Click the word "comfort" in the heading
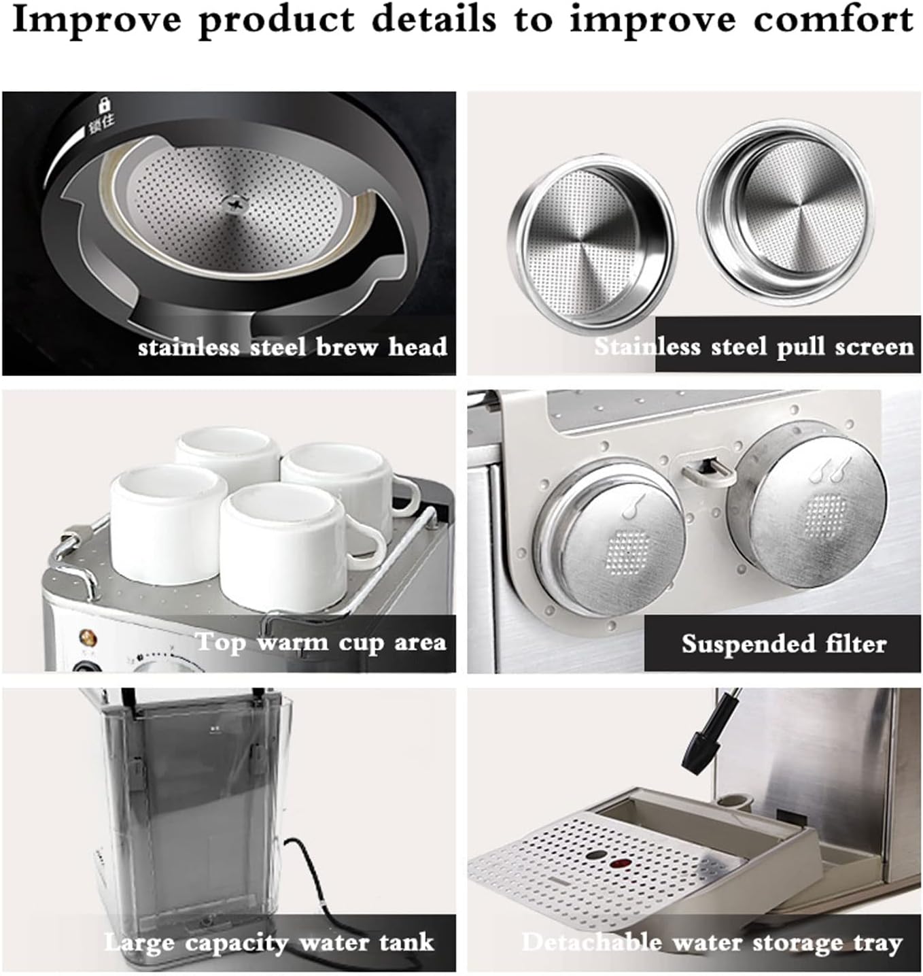click(833, 22)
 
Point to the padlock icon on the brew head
click(104, 105)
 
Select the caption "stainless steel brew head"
click(293, 346)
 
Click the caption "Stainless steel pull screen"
click(753, 346)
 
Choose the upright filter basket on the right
click(786, 211)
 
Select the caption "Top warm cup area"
click(321, 643)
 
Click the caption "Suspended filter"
click(784, 644)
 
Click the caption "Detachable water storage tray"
click(712, 942)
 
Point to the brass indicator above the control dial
click(88, 635)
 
